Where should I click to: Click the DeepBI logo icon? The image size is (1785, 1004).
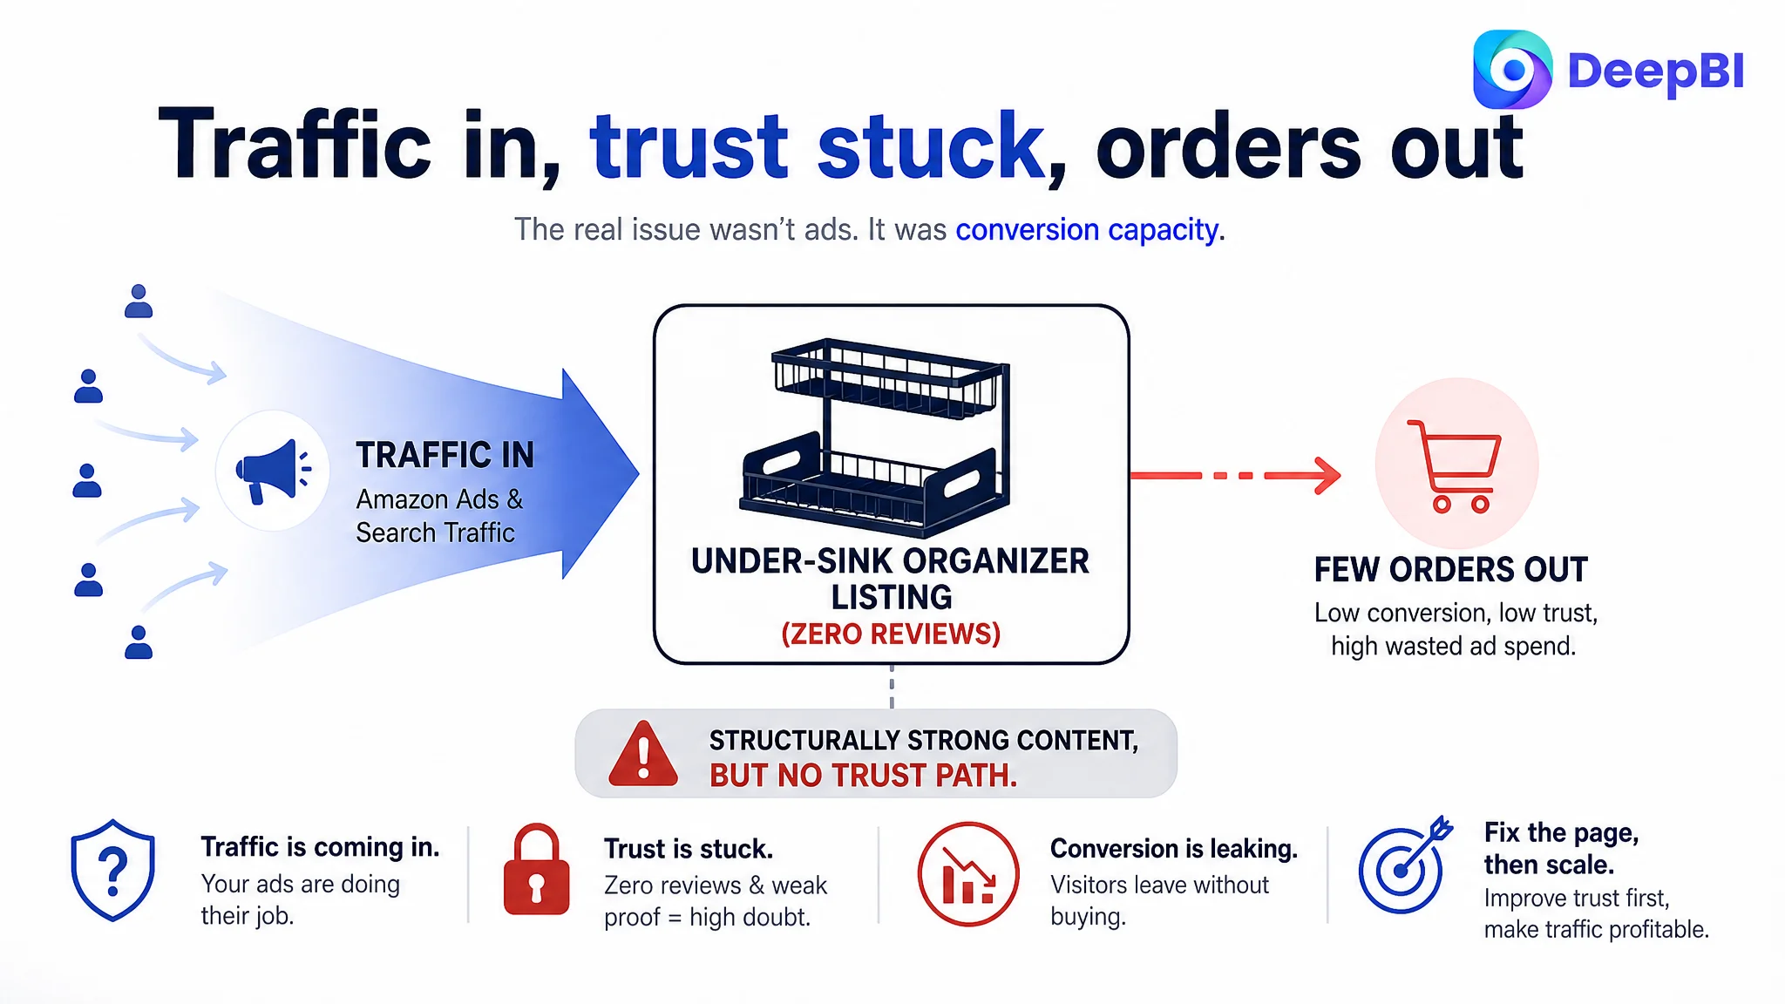[1512, 70]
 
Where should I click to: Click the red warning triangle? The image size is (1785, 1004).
[643, 755]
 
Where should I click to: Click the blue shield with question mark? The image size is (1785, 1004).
[113, 870]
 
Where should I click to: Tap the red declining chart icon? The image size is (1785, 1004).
[968, 873]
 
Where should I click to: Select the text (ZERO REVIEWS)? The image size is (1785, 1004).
[891, 634]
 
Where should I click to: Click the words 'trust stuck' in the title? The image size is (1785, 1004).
[817, 146]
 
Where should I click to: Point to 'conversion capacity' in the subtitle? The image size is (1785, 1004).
[1087, 230]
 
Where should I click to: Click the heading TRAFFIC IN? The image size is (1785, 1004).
[445, 455]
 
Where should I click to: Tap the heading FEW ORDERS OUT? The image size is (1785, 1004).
[1451, 570]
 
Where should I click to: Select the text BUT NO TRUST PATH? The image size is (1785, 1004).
[863, 775]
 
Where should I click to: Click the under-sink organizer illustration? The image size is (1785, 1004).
[875, 435]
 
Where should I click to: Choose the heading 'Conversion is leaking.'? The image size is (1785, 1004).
[1174, 848]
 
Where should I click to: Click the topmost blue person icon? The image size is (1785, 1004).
[139, 302]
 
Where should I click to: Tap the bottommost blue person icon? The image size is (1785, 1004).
[139, 642]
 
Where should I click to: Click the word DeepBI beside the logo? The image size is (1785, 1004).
[1656, 71]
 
